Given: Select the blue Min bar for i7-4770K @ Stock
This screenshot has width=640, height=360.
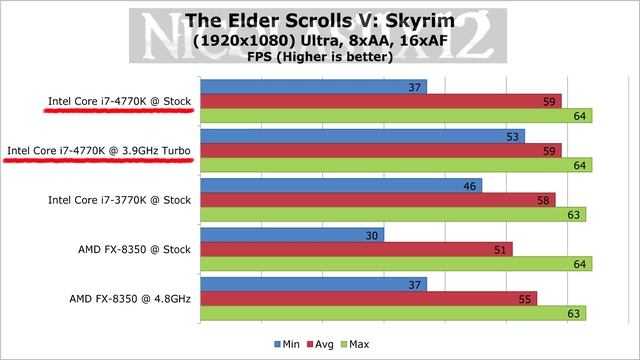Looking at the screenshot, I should coord(314,87).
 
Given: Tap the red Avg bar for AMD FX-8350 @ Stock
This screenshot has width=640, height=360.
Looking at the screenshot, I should coord(357,249).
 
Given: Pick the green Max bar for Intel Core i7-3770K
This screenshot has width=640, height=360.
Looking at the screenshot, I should coord(393,214).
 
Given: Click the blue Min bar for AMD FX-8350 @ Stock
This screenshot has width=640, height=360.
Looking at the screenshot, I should coord(292,235).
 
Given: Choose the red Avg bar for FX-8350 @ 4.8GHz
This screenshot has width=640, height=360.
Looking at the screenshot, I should coord(369,298).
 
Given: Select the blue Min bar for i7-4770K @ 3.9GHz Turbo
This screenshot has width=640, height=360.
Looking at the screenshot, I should coord(363,136).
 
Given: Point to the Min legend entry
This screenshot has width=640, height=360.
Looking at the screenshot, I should coord(286,343).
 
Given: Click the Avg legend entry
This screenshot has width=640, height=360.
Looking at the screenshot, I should coord(321,343).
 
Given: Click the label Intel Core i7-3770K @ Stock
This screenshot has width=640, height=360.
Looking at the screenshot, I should coord(119,200).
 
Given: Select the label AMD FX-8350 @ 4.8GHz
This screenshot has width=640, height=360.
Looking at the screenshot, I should coord(130,298).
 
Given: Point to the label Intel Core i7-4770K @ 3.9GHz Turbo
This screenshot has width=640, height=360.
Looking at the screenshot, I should coord(99,151).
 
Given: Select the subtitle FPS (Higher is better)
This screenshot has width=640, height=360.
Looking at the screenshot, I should coord(319,58).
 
